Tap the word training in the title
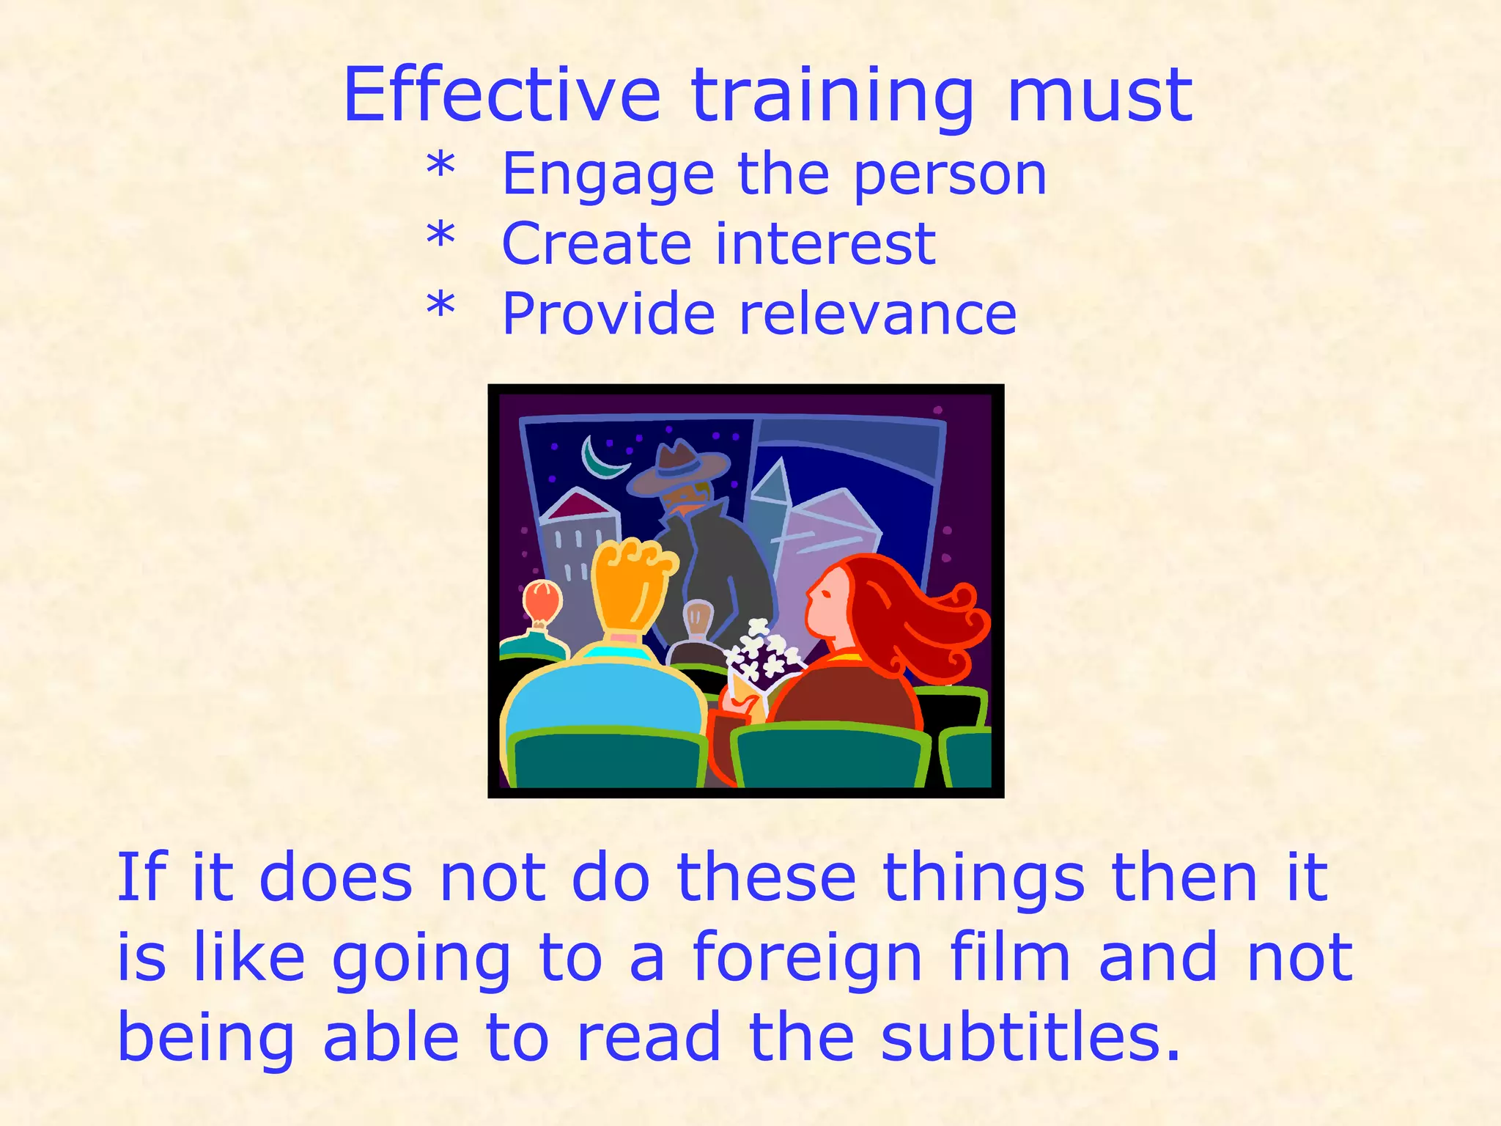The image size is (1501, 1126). click(832, 97)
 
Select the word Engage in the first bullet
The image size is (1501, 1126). click(608, 176)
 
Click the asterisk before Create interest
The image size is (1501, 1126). click(440, 237)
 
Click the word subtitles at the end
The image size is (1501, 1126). click(1030, 1037)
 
